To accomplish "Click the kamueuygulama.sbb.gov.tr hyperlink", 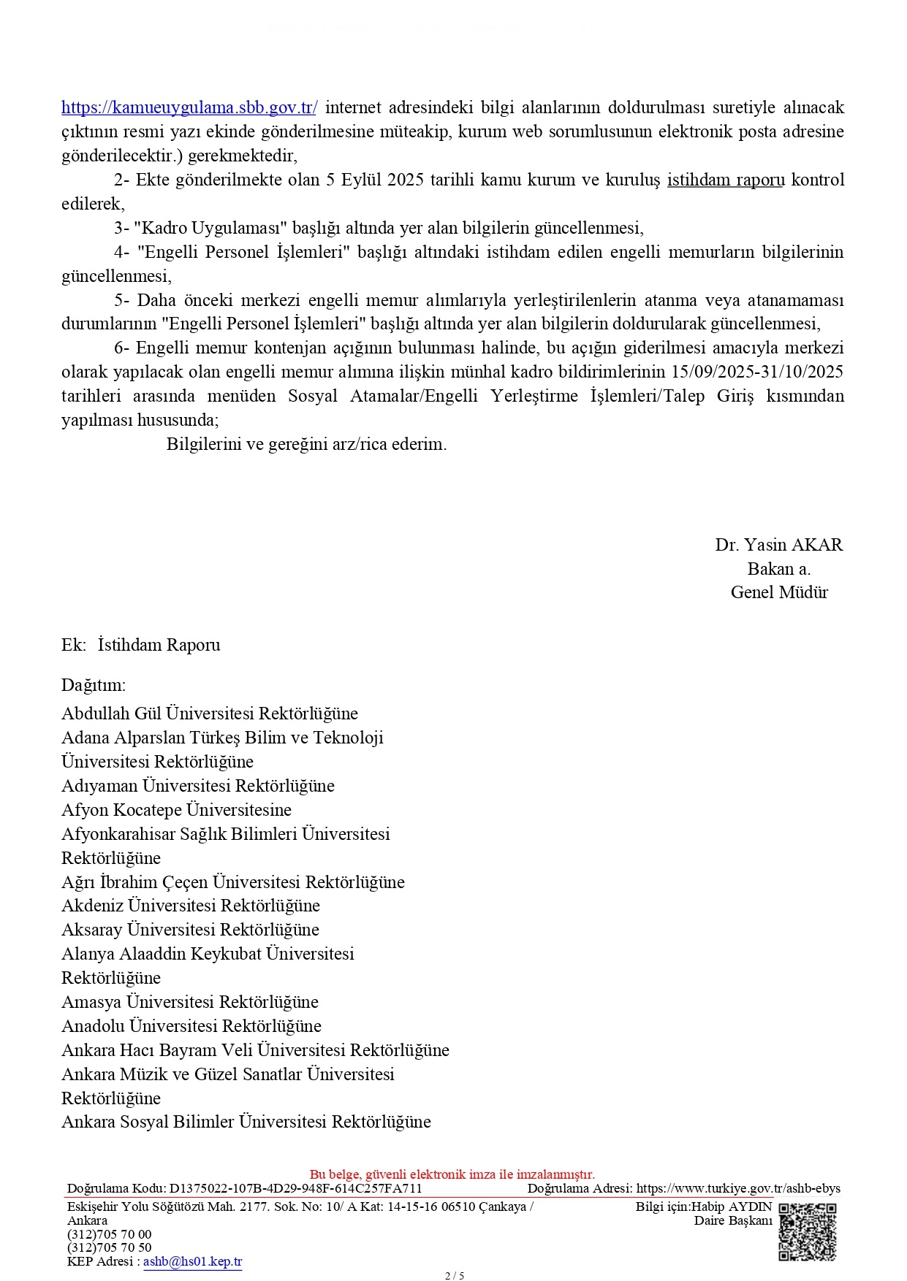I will pos(189,108).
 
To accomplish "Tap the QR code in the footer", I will pos(807,1232).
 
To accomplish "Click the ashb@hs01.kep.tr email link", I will pos(192,1261).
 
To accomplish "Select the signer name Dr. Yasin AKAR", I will pos(778,545).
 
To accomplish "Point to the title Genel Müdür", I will pos(779,592).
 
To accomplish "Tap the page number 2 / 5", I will pos(454,1276).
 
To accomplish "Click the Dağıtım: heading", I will pos(94,685).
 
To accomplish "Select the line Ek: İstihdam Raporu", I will pos(140,645).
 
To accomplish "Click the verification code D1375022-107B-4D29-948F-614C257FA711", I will pos(295,1188).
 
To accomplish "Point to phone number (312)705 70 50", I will pos(110,1247).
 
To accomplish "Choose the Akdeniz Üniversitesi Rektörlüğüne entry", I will pos(191,906).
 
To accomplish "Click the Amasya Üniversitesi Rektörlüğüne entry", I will pos(190,1002).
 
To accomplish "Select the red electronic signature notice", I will pos(452,1174).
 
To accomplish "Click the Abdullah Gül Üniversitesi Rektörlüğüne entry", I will pos(210,714).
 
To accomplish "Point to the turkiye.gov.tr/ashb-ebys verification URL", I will pos(738,1188).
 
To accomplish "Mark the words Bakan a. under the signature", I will pos(778,569).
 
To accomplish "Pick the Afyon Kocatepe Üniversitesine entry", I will pos(176,810).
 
